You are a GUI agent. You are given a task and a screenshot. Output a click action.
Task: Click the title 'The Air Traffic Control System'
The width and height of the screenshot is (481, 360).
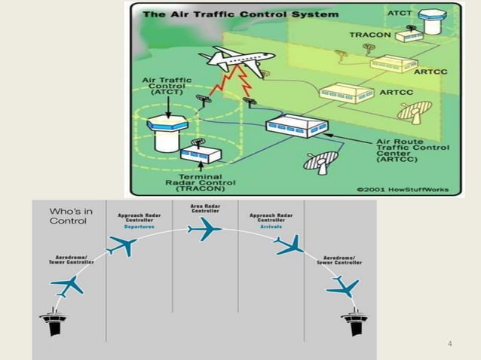point(240,14)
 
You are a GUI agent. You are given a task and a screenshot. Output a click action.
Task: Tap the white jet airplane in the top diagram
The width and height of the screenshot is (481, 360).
point(237,59)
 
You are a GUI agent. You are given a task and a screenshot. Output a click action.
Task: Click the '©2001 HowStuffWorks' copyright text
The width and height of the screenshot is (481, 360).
point(403,189)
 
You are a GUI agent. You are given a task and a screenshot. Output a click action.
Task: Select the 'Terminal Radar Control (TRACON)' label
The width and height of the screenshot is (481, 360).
point(201,182)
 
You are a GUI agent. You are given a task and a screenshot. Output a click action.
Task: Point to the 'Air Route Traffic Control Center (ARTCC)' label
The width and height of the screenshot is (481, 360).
point(412,151)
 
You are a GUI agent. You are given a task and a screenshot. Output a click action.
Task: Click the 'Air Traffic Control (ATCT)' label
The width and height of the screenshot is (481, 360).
point(167,86)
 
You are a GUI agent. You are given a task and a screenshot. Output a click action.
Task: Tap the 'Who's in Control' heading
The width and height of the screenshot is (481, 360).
point(71,216)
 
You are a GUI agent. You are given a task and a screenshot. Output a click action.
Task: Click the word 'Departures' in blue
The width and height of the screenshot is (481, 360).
point(139,227)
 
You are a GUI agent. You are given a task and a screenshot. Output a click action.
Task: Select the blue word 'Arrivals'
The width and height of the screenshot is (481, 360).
point(271,227)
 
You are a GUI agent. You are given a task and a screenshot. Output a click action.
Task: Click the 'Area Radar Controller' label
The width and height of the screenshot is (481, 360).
point(205,209)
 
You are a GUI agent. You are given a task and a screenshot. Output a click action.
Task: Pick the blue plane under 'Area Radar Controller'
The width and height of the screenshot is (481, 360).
point(204,229)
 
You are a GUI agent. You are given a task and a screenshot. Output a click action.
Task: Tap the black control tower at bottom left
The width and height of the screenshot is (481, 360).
point(53,322)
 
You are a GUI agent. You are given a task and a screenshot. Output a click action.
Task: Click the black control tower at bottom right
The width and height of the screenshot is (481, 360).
point(355,322)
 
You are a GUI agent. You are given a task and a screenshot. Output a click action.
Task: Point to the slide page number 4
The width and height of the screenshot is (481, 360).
point(449,343)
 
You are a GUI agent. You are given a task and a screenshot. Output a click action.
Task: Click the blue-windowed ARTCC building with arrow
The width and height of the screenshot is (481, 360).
point(296,127)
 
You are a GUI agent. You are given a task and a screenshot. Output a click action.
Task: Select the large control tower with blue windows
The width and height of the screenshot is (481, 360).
point(167,133)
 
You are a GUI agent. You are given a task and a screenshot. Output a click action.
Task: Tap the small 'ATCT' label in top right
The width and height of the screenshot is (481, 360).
point(400,13)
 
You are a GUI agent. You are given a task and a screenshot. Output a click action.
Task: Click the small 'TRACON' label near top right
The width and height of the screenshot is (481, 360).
point(370,35)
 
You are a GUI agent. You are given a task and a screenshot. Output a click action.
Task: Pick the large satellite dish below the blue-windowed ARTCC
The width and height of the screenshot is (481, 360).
point(321,163)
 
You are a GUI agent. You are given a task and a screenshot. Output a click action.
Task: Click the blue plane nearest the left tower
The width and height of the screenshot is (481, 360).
point(67,286)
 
